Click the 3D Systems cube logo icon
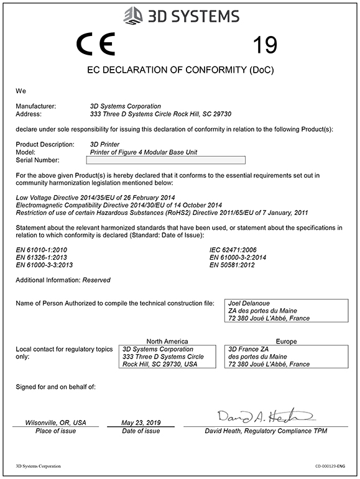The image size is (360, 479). (134, 16)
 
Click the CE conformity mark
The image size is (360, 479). (95, 45)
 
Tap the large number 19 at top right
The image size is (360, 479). (265, 45)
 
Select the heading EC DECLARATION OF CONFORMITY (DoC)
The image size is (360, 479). (180, 70)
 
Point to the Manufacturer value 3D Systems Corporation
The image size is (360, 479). (125, 106)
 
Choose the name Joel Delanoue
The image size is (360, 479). (249, 303)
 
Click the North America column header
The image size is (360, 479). (167, 341)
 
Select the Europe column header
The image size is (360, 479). (285, 341)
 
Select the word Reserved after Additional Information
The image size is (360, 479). (96, 280)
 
